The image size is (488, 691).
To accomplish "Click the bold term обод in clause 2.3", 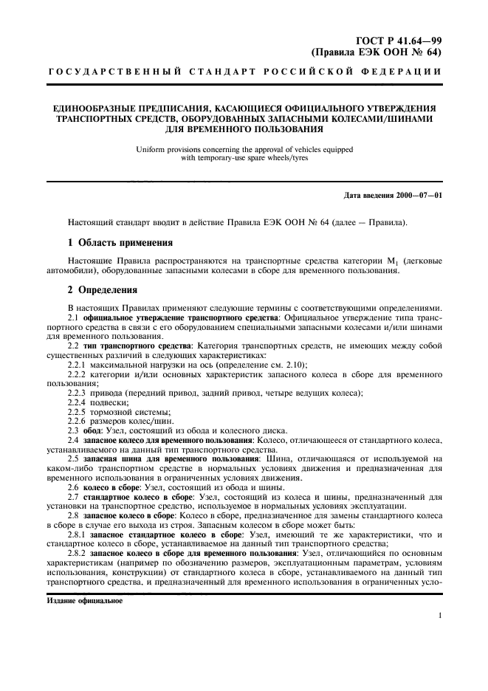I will (x=92, y=430).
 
